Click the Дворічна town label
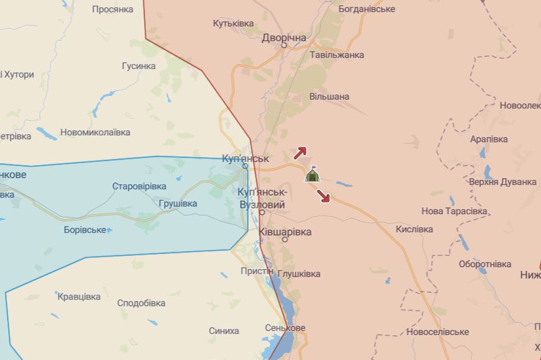284,37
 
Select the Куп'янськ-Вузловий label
262,199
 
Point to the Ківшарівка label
284,231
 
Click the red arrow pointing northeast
300,152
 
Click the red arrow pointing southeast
323,196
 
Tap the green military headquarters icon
312,175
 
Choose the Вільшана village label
329,97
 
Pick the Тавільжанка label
337,54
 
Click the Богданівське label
366,9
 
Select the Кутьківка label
233,23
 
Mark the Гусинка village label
138,65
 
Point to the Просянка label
113,9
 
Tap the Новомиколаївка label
95,132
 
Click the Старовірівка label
139,186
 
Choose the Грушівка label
178,203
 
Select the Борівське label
85,230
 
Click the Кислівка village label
414,229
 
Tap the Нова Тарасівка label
454,211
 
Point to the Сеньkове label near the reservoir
285,328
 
